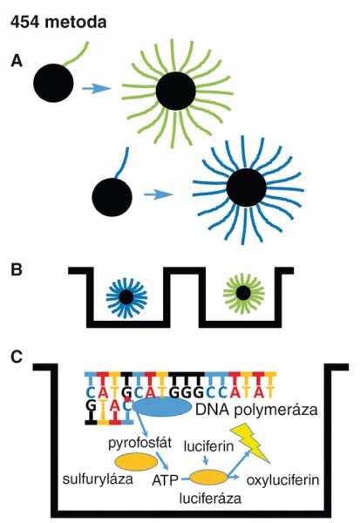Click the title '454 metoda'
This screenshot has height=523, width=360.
(58, 23)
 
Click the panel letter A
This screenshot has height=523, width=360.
(17, 61)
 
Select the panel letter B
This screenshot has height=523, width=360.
(17, 269)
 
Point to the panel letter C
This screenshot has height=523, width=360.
(17, 357)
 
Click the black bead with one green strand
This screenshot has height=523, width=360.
(53, 83)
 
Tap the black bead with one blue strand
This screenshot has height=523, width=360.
(112, 197)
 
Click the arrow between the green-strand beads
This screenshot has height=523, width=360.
(97, 88)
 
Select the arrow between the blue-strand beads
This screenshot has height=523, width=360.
(159, 194)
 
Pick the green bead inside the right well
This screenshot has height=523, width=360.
(243, 293)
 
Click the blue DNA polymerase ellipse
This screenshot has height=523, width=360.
(162, 408)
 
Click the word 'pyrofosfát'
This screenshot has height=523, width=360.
(140, 444)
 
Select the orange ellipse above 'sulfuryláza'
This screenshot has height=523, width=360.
(136, 462)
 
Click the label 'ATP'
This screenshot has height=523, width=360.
(165, 480)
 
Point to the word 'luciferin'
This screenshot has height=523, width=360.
(209, 445)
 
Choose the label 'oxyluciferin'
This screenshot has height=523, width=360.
(283, 480)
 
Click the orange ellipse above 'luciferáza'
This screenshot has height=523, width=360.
(209, 478)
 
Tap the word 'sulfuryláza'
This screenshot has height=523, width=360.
(98, 479)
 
